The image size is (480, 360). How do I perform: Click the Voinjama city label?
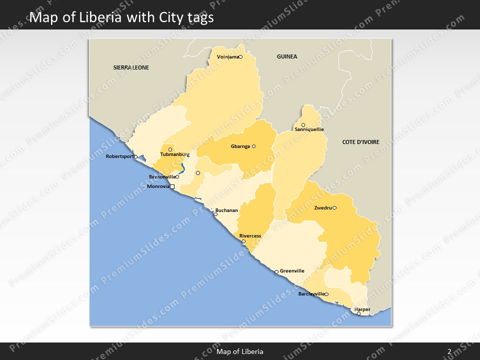point(227,57)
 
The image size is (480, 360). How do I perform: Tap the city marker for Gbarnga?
point(253,146)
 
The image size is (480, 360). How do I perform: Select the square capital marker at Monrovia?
point(172,187)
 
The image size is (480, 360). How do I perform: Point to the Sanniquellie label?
point(309,129)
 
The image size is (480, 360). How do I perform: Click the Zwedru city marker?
point(334,208)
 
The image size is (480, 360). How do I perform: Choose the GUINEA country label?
point(287,56)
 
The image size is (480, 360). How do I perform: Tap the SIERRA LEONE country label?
point(131,67)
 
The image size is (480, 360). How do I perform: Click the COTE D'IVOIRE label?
point(360,142)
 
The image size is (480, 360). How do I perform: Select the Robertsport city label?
point(120,156)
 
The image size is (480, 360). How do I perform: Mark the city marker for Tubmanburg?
point(170,149)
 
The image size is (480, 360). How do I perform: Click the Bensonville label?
point(162,177)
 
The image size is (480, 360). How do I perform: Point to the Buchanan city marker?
point(215,214)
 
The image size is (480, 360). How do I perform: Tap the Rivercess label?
point(250,236)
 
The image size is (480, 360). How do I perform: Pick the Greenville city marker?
point(276,272)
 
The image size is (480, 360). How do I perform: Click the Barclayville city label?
point(311,294)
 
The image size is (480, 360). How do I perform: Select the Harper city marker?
point(358,313)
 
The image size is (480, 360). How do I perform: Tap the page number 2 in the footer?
point(449,352)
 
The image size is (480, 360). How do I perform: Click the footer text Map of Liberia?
point(239,352)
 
